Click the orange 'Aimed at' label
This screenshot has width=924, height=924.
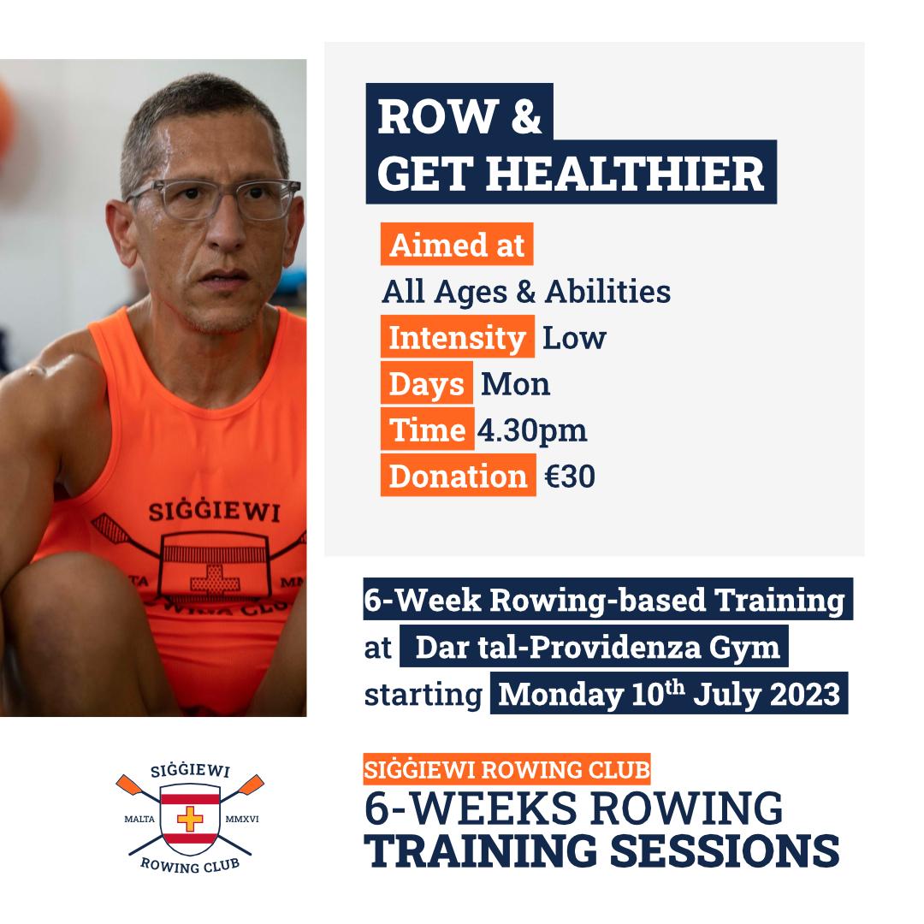(457, 244)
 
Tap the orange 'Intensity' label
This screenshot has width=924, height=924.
(457, 336)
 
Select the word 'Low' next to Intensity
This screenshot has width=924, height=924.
(574, 338)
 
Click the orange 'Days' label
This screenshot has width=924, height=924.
(427, 383)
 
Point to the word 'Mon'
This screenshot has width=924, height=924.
(516, 384)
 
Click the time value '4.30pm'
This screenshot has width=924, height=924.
(532, 431)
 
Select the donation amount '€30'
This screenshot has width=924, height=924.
(570, 477)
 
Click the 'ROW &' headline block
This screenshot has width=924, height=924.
(459, 115)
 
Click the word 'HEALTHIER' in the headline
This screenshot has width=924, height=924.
(625, 174)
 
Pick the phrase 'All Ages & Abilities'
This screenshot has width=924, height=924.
(526, 292)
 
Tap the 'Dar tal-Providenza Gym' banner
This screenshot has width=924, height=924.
(594, 647)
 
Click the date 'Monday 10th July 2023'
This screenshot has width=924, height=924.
(669, 693)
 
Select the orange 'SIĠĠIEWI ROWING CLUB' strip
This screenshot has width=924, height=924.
(506, 769)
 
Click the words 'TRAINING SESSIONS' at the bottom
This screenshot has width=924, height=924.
(601, 851)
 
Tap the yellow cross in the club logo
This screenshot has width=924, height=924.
(190, 819)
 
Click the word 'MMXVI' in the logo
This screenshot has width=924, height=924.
(241, 819)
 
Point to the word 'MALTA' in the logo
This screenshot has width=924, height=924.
(139, 819)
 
